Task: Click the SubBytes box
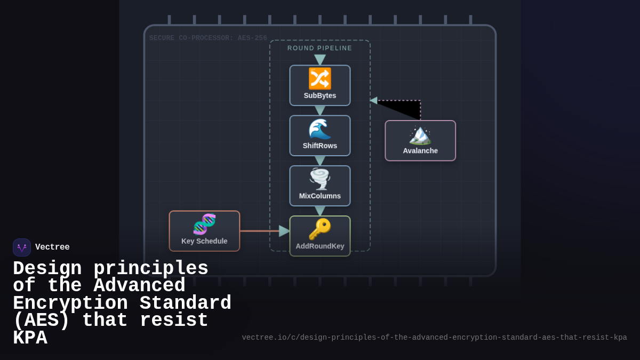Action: coord(320,85)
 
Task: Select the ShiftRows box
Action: coord(320,135)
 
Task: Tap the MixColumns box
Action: coord(320,186)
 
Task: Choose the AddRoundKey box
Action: coord(320,236)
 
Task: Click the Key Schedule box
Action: coord(204,231)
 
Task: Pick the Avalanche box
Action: coord(420,140)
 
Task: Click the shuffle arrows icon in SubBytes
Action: coord(320,78)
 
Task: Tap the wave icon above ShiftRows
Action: coord(320,129)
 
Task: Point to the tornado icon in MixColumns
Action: coord(320,179)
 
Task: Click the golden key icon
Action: coord(320,229)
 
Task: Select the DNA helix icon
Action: coord(204,224)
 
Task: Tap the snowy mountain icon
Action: coord(420,134)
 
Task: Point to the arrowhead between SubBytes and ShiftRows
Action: coord(320,110)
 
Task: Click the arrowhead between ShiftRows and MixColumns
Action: coord(320,161)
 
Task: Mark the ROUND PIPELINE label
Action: coord(320,48)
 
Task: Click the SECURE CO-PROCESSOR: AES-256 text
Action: coord(208,38)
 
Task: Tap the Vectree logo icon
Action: coord(22,247)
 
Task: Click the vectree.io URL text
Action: coord(434,338)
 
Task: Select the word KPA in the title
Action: coord(30,338)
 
